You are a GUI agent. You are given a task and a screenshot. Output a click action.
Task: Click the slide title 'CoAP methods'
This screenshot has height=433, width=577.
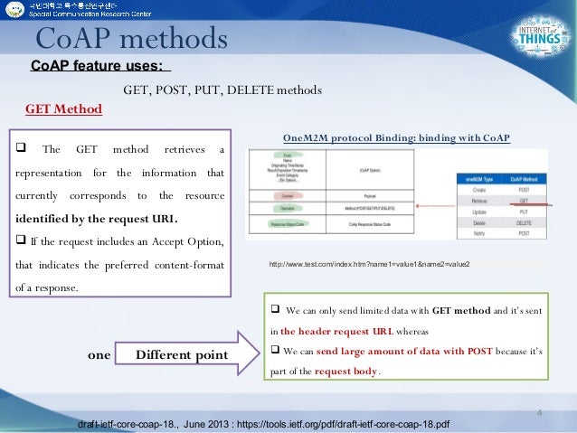(x=130, y=39)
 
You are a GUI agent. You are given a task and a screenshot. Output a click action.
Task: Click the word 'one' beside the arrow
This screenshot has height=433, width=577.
(x=99, y=355)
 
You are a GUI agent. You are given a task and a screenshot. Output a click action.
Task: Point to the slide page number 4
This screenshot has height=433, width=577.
(x=538, y=414)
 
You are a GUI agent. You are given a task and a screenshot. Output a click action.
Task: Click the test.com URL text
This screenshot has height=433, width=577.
(x=370, y=265)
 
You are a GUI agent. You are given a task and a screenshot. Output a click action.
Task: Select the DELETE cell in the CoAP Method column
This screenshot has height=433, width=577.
(x=523, y=220)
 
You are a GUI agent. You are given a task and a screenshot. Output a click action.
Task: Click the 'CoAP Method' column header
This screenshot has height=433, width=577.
(x=523, y=179)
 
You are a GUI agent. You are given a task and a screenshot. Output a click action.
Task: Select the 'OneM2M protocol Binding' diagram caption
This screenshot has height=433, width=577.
(x=396, y=138)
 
